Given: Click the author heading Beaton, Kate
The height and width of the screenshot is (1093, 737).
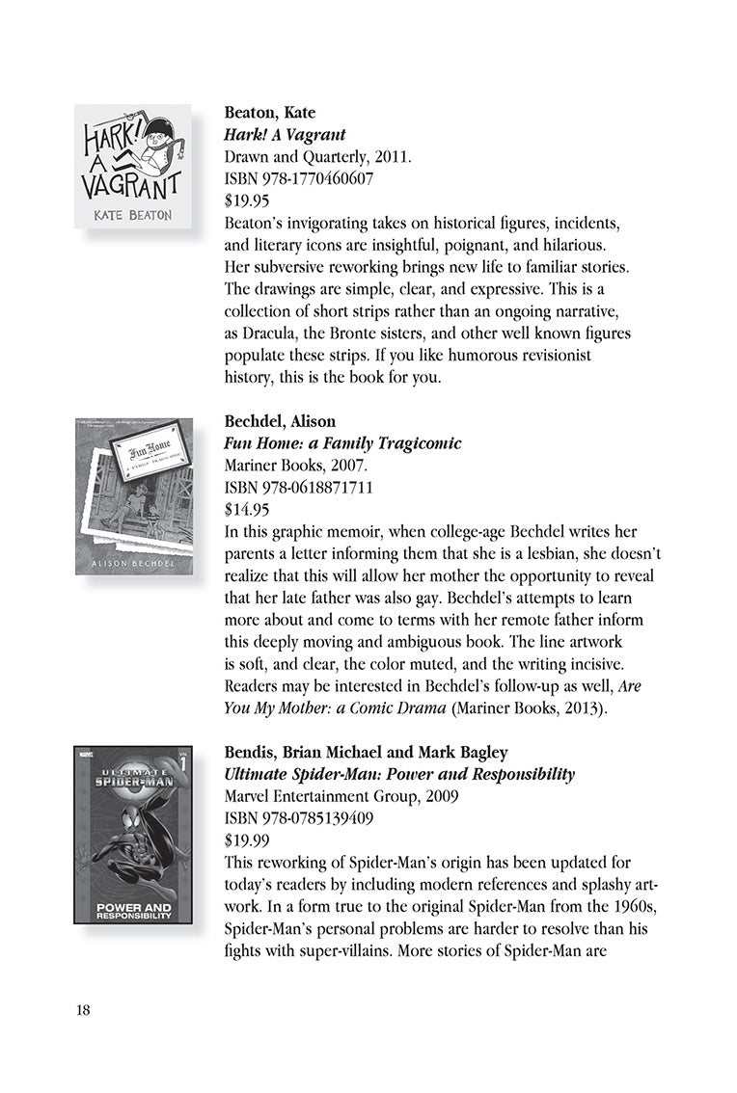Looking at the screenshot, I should [x=269, y=113].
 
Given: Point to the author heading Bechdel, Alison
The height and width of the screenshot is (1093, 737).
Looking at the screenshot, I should [x=280, y=422].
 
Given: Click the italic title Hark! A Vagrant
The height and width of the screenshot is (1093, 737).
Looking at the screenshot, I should [x=285, y=135].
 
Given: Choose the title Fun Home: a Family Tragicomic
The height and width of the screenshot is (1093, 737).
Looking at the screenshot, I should [x=342, y=444].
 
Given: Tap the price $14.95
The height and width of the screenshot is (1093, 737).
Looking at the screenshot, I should [x=246, y=510].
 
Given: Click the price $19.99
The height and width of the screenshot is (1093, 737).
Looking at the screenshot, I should [x=246, y=840].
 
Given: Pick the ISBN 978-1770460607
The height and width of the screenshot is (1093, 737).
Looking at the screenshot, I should [x=286, y=178].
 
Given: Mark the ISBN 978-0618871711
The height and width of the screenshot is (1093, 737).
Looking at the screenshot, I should [x=286, y=488].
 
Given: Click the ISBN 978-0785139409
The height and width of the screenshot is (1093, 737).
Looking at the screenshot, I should [x=286, y=818].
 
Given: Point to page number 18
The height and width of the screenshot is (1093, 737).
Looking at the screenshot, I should [x=82, y=1010].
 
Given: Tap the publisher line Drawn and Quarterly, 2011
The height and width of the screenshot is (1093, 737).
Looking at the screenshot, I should [x=304, y=156].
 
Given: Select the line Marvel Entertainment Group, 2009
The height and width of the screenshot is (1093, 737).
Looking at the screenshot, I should [x=323, y=796].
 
